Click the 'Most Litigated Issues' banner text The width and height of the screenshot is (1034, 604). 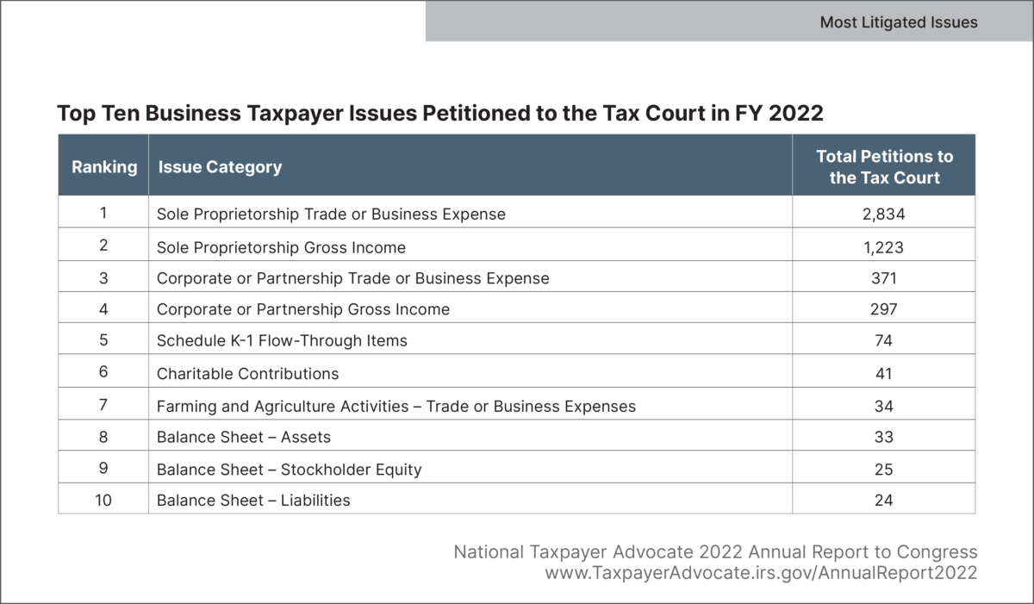[898, 22]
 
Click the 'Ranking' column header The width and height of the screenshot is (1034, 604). [104, 166]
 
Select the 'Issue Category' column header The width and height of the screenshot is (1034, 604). [220, 166]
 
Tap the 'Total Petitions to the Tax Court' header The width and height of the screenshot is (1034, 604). [884, 167]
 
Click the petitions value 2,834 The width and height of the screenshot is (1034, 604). [883, 214]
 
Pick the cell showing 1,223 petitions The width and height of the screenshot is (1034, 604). [883, 246]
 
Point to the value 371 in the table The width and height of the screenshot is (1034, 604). [883, 278]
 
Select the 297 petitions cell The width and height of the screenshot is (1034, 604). [883, 309]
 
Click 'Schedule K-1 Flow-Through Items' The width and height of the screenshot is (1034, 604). [282, 341]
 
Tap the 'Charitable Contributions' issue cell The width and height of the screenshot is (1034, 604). [248, 373]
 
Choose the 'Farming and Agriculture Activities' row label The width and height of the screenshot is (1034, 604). [396, 406]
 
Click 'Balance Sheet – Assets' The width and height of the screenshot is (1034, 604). [244, 438]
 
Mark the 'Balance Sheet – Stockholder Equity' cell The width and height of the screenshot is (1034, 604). [290, 470]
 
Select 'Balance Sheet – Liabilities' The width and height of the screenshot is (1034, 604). [253, 500]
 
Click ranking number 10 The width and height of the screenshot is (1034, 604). [103, 500]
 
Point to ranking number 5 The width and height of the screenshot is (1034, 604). [103, 341]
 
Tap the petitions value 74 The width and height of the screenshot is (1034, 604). [883, 341]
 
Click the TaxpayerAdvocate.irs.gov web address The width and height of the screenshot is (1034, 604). [761, 572]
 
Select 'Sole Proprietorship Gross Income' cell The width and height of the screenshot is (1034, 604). [281, 246]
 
